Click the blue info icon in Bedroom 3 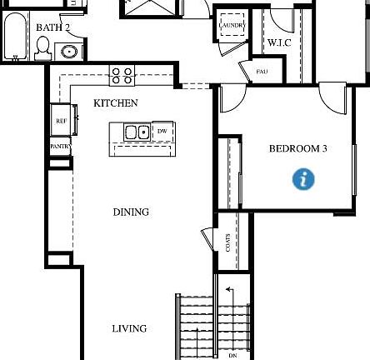[304, 178]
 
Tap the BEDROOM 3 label [297, 149]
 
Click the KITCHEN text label [116, 103]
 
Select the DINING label [131, 212]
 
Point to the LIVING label [129, 329]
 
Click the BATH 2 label [52, 27]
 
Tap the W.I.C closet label [279, 43]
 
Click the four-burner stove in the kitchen [122, 76]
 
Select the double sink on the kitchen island [137, 132]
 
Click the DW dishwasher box [162, 132]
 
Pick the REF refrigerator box [62, 121]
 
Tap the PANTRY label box [60, 147]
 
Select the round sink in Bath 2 [70, 52]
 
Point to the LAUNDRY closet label [232, 26]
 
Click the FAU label [262, 72]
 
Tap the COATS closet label [228, 242]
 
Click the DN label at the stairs [232, 355]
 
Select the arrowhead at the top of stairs [228, 290]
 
